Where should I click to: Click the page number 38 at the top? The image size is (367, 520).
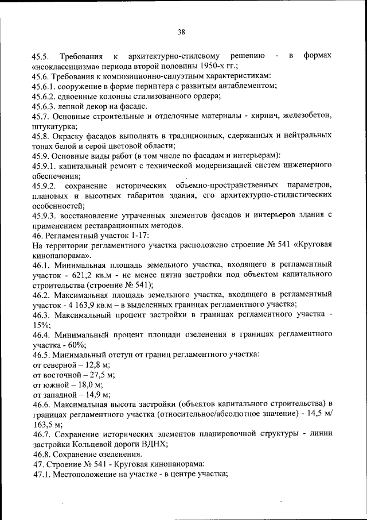181,32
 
